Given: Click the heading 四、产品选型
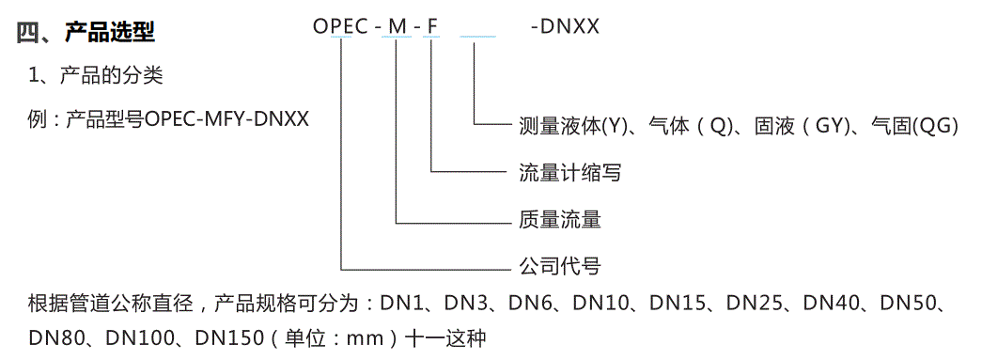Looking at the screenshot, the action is point(86,33).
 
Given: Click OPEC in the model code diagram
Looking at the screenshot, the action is point(340,26).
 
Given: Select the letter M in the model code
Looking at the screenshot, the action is point(397,26).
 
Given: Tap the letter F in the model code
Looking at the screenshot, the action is point(432,26).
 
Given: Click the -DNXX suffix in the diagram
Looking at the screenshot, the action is point(565,26).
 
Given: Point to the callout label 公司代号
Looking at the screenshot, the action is point(560,266).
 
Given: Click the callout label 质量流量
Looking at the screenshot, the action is point(560,220).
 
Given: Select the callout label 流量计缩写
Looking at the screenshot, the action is point(569,173).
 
